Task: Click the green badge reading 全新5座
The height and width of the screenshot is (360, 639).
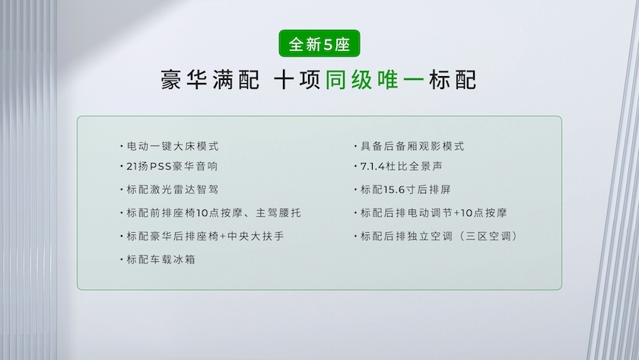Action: pyautogui.click(x=319, y=43)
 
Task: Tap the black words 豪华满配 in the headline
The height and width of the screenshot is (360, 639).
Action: pyautogui.click(x=210, y=79)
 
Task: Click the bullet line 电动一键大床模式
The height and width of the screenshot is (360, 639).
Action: pyautogui.click(x=170, y=146)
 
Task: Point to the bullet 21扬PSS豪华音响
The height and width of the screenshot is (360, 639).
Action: pyautogui.click(x=169, y=167)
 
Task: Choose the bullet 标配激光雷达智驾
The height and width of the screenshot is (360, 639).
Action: pyautogui.click(x=170, y=190)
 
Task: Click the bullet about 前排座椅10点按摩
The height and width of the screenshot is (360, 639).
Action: pyautogui.click(x=211, y=213)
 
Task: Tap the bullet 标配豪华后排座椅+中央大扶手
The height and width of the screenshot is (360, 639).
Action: pyautogui.click(x=202, y=236)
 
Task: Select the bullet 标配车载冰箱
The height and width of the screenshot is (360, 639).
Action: pyautogui.click(x=157, y=260)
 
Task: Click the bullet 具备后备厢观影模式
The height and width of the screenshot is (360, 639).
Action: pyautogui.click(x=409, y=146)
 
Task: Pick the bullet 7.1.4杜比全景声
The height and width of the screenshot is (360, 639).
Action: pyautogui.click(x=398, y=167)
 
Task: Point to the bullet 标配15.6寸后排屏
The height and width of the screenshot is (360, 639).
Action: pyautogui.click(x=402, y=190)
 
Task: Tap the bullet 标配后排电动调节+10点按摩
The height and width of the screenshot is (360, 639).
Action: pyautogui.click(x=431, y=213)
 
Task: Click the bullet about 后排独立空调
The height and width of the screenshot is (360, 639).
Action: pyautogui.click(x=436, y=236)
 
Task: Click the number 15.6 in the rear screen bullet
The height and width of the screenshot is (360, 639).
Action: pyautogui.click(x=394, y=190)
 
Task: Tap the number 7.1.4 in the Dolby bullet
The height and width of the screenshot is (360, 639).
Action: pyautogui.click(x=373, y=167)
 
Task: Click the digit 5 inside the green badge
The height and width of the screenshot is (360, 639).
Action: pyautogui.click(x=328, y=44)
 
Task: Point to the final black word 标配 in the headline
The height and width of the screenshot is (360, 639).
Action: pyautogui.click(x=453, y=79)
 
